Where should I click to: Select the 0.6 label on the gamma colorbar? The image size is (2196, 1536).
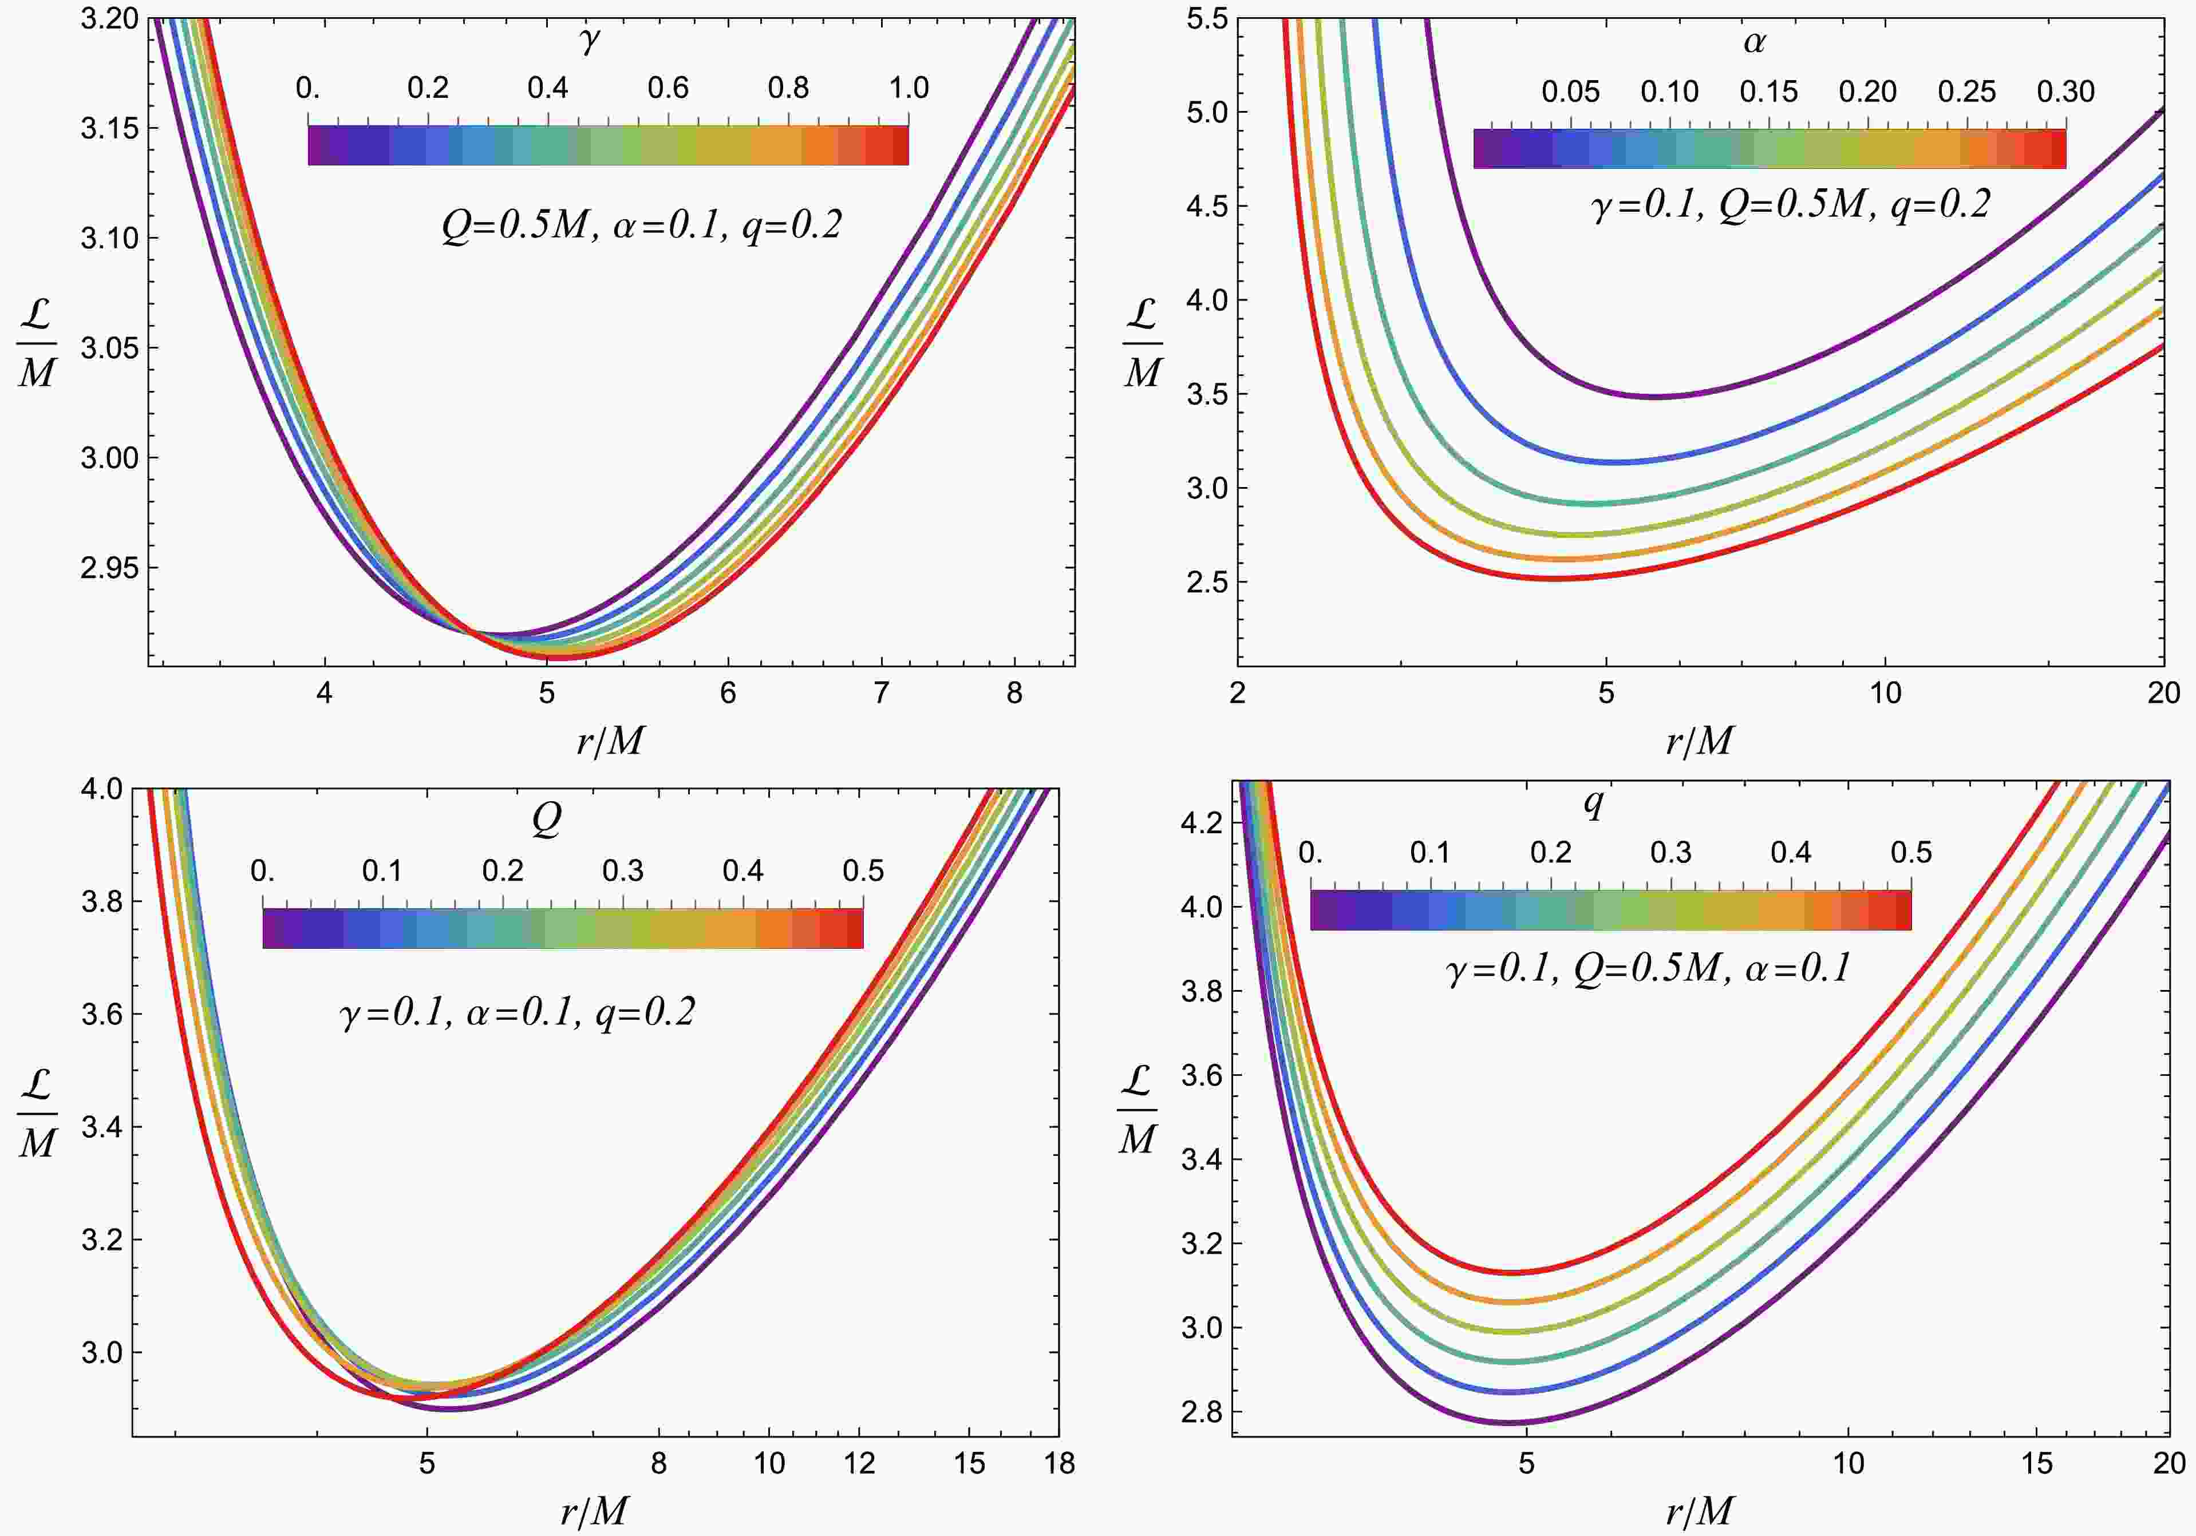tap(668, 88)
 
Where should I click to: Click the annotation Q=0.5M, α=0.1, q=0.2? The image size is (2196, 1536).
tap(641, 225)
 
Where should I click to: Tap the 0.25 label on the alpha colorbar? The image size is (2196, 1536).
tap(1966, 92)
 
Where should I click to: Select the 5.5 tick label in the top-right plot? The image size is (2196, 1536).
tap(1207, 19)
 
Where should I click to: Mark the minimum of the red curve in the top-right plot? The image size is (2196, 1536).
tap(1554, 579)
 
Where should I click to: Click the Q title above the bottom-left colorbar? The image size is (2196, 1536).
tap(546, 819)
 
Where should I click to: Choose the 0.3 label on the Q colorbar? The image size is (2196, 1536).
tap(623, 871)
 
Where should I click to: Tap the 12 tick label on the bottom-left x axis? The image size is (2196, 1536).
tap(859, 1463)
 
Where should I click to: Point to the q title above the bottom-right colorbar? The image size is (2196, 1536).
tap(1593, 803)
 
